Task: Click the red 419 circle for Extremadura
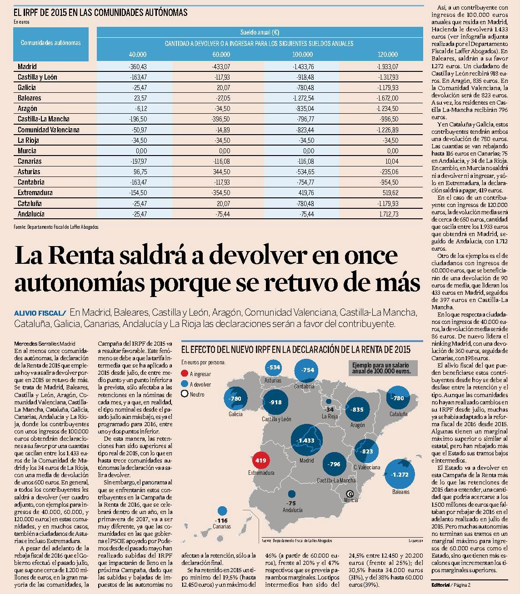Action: point(260,460)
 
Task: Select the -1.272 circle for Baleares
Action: point(400,474)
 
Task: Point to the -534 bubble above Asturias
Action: point(273,367)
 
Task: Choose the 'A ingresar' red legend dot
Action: point(184,374)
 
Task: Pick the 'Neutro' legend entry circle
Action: point(184,394)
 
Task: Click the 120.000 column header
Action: point(387,54)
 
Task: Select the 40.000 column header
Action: point(137,54)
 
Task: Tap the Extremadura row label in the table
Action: point(35,192)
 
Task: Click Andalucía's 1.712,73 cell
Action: point(389,214)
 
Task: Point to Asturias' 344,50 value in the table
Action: point(221,171)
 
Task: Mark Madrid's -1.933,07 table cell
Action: point(388,66)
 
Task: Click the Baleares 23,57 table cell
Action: point(140,98)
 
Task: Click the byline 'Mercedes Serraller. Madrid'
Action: point(45,344)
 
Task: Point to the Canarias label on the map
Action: point(222,534)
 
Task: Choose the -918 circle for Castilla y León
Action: point(275,402)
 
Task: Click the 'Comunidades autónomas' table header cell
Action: point(51,43)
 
